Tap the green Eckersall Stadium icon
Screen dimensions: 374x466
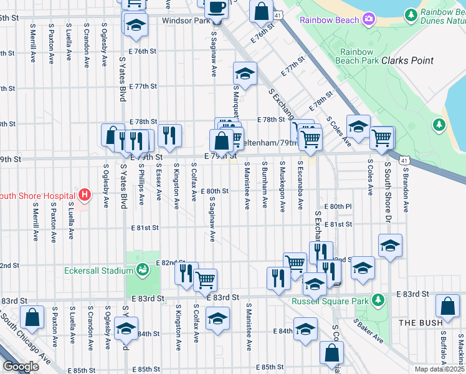coord(143,270)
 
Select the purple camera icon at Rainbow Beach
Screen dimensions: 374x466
coord(369,20)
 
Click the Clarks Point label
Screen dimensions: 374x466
coord(407,61)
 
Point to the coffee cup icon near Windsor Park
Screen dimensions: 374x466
coord(216,7)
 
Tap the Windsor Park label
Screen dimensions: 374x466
coord(185,21)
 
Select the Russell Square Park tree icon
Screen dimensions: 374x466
coord(377,301)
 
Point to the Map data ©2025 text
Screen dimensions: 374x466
coord(439,369)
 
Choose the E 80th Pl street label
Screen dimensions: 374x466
coord(338,206)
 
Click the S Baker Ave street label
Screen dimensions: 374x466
coord(369,331)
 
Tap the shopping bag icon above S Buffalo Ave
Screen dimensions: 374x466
coord(447,306)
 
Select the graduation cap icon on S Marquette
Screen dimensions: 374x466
coord(245,74)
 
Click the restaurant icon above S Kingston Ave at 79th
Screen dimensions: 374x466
coord(169,134)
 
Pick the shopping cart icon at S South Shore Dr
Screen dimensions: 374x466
coord(382,137)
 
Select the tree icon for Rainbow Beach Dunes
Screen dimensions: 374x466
coord(411,14)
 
